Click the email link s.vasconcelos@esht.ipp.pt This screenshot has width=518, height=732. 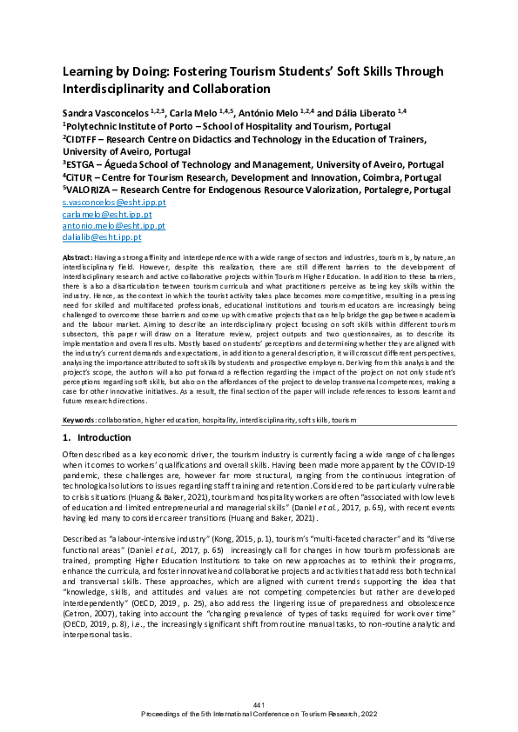point(102,202)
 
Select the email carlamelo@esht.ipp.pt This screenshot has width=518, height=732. point(95,213)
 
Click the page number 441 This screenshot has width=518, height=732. point(259,702)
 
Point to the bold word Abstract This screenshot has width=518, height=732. point(78,259)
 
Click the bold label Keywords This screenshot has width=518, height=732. point(80,420)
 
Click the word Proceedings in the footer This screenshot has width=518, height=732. point(163,712)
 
